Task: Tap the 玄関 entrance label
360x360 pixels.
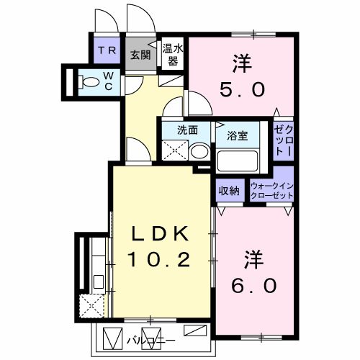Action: click(140, 55)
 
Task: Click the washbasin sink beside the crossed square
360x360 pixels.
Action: click(199, 152)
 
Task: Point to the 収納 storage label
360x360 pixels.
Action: click(229, 191)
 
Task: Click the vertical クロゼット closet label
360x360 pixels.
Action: click(283, 140)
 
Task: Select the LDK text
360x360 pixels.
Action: click(160, 234)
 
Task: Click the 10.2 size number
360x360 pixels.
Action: click(160, 258)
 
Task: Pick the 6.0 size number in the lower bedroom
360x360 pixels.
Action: click(254, 286)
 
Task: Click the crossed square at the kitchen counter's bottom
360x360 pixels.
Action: click(91, 307)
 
